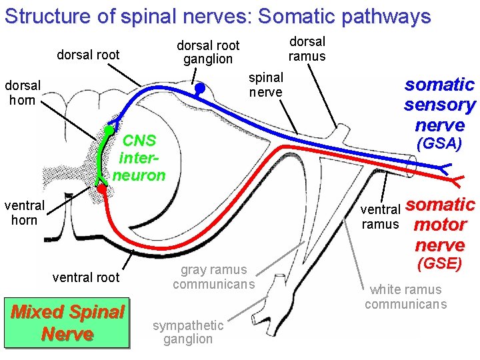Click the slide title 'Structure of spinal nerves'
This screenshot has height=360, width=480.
(217, 16)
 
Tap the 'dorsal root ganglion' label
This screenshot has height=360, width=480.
(208, 52)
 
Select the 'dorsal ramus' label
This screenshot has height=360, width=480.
(307, 49)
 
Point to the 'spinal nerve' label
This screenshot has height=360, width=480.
(266, 85)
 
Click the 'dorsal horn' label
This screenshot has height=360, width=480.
(23, 93)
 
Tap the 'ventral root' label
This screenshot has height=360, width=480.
(86, 277)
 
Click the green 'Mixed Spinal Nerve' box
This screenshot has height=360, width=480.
(67, 323)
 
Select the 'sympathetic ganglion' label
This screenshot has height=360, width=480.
(188, 332)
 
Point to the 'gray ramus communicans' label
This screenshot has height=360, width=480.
(213, 277)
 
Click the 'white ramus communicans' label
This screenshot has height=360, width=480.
(405, 297)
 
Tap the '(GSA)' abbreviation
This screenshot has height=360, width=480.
(439, 144)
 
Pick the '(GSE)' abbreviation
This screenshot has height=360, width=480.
(439, 263)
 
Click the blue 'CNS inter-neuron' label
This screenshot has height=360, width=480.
(139, 158)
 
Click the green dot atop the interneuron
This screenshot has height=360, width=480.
(107, 129)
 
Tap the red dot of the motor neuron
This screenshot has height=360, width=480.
(101, 189)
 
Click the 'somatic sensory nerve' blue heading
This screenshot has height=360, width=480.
(439, 104)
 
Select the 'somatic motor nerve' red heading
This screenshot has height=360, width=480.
(440, 224)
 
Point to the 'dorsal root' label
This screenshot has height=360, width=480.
(88, 55)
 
